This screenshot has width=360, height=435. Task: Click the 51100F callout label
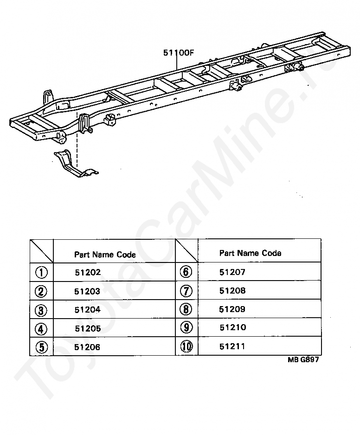click(x=178, y=53)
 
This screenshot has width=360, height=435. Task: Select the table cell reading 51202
click(x=88, y=273)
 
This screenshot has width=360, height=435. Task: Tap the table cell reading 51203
click(x=88, y=291)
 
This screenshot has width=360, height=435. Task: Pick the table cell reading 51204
click(x=88, y=310)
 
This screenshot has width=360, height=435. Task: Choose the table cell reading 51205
click(x=88, y=328)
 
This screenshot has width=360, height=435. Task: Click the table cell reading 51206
click(x=88, y=347)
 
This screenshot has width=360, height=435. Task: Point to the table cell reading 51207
click(x=232, y=272)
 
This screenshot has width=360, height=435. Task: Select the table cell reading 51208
click(x=232, y=291)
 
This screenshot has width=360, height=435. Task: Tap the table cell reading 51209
click(x=232, y=309)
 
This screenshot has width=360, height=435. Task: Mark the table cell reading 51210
click(x=232, y=327)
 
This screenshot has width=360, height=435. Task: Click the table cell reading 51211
click(x=232, y=346)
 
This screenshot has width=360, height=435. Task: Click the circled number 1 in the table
click(x=41, y=272)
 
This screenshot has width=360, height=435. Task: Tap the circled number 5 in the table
click(x=41, y=347)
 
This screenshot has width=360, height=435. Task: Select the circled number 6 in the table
click(x=186, y=272)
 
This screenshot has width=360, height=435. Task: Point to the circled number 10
click(x=186, y=346)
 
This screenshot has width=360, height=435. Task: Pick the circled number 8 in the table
click(x=186, y=309)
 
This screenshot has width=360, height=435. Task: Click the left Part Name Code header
click(x=105, y=255)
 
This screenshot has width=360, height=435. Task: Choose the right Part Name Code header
click(x=250, y=253)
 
